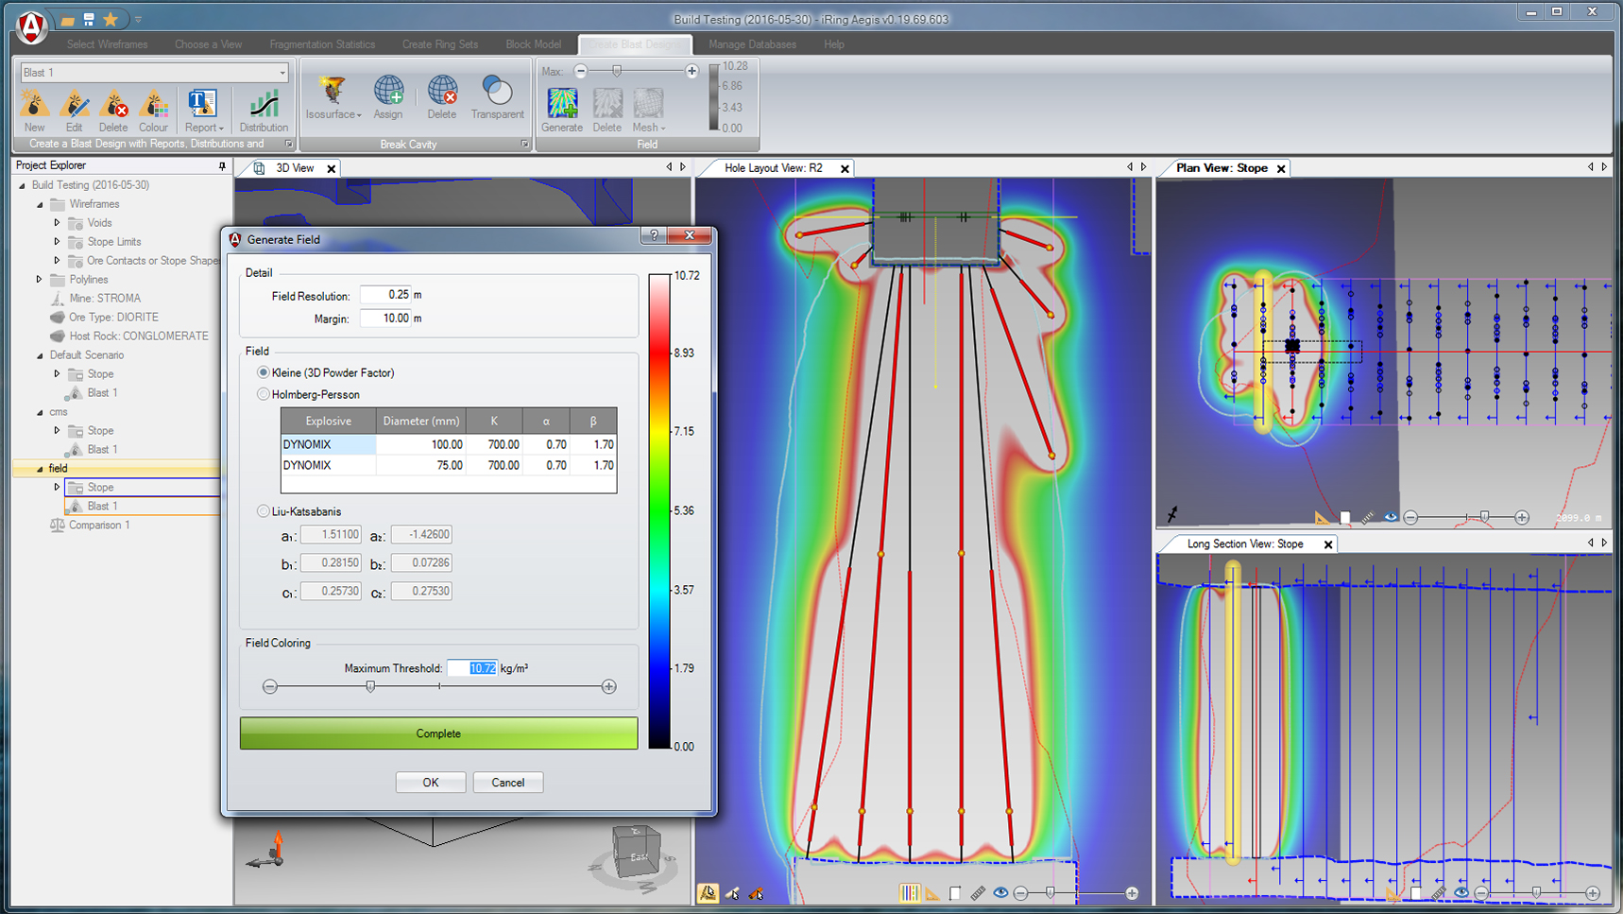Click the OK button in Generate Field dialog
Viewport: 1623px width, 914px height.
[430, 783]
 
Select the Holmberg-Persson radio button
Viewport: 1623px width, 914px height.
[264, 394]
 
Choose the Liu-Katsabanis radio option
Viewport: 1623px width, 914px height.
[264, 511]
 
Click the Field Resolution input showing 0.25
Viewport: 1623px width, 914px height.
[385, 295]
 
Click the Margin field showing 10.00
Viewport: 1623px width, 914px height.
[385, 319]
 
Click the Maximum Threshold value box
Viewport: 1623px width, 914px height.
[471, 668]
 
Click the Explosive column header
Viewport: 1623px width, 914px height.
[328, 421]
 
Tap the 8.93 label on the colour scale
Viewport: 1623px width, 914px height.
[683, 353]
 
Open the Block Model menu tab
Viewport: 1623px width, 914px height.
[533, 44]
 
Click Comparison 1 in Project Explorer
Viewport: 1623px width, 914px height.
[99, 526]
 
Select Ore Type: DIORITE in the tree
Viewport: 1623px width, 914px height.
[113, 318]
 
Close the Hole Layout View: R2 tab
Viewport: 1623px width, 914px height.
[845, 168]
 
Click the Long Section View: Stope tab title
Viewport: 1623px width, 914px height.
[1244, 544]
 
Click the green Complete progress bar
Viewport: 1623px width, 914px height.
[438, 733]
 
